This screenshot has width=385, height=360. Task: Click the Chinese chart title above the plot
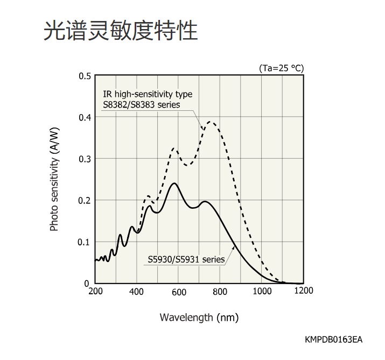(x=120, y=31)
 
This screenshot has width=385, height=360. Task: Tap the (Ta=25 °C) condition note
(x=282, y=68)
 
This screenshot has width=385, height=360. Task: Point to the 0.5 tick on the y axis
(x=85, y=76)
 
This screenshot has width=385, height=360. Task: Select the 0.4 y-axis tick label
(x=85, y=117)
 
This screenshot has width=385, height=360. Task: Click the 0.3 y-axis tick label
(x=85, y=159)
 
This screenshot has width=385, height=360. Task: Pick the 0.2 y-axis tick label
(x=85, y=200)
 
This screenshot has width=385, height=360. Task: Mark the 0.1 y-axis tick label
(x=85, y=242)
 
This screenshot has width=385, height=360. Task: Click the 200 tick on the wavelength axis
(x=95, y=291)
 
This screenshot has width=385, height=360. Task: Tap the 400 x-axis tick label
(x=137, y=291)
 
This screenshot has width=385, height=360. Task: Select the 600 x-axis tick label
(x=178, y=291)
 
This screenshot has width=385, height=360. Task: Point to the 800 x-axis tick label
(x=220, y=291)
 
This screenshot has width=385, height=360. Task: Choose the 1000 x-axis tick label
(x=262, y=291)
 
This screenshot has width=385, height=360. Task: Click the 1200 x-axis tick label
(x=304, y=291)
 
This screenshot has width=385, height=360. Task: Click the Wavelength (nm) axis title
(x=199, y=317)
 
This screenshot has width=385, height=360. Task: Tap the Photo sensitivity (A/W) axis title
(x=54, y=179)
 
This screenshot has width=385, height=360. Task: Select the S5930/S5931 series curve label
(x=186, y=259)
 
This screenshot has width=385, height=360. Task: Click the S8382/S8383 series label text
(x=142, y=104)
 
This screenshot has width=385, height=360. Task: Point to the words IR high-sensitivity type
(x=148, y=94)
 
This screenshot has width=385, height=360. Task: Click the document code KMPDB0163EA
(x=334, y=340)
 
